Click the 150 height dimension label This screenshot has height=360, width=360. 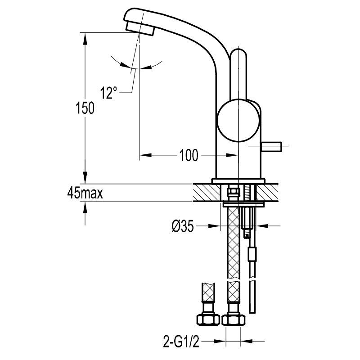click(85, 108)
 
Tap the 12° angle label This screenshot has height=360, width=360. click(108, 93)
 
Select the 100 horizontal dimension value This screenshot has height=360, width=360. click(188, 155)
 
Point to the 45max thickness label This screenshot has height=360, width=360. click(85, 193)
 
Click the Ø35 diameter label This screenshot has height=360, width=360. click(183, 226)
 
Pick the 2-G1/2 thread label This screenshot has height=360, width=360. click(181, 342)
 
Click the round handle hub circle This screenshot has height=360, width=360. click(238, 121)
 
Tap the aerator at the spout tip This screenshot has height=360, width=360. click(140, 28)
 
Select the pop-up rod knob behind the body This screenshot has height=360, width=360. click(272, 147)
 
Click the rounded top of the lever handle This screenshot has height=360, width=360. click(238, 54)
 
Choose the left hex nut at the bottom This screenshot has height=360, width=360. click(208, 319)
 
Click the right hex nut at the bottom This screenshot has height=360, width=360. click(233, 319)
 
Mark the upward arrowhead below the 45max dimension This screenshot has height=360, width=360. click(85, 208)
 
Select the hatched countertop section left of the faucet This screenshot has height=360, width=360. click(207, 192)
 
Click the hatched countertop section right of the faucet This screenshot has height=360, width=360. click(267, 192)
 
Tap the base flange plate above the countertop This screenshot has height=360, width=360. click(238, 181)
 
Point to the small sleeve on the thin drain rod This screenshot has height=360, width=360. click(252, 254)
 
